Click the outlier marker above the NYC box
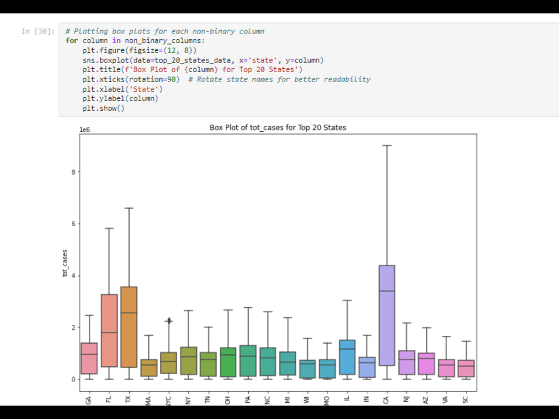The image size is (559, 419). (x=168, y=321)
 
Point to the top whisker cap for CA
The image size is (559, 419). (x=387, y=145)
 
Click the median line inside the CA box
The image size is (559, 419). (x=387, y=291)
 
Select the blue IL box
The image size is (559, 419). (x=347, y=357)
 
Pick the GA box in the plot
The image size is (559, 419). (x=89, y=358)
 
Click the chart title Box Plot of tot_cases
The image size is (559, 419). (x=278, y=127)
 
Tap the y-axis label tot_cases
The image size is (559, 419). (x=65, y=263)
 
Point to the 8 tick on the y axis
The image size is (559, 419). (x=73, y=172)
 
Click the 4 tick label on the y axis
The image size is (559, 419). (x=73, y=276)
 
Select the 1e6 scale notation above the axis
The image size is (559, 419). (x=84, y=129)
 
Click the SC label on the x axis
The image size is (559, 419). (x=466, y=400)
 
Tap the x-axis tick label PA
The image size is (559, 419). (x=248, y=400)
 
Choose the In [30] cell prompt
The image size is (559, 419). (x=37, y=31)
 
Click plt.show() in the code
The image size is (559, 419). (x=103, y=108)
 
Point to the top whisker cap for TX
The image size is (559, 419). (x=129, y=208)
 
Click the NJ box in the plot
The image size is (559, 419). (x=406, y=363)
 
